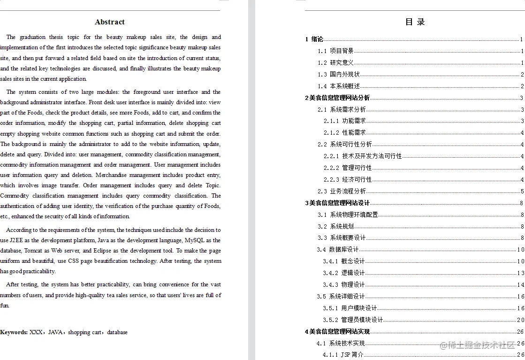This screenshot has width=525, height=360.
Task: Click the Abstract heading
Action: [110, 22]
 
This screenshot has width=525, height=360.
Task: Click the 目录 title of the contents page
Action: [415, 22]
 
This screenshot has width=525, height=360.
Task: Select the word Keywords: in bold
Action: [14, 332]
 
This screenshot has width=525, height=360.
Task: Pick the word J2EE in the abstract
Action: [16, 240]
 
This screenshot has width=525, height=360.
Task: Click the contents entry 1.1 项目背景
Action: [335, 51]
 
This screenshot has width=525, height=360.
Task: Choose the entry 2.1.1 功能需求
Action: [344, 121]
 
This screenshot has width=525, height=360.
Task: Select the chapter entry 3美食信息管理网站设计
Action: [337, 203]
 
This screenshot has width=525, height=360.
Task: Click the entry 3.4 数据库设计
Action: [337, 250]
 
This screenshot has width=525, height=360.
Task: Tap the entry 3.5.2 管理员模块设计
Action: [353, 320]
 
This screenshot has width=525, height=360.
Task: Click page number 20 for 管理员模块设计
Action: [520, 320]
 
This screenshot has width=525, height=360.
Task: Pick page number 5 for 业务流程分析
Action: [522, 191]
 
